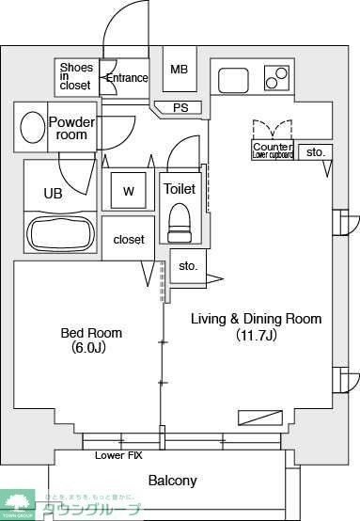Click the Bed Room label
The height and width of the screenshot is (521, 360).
coord(91,333)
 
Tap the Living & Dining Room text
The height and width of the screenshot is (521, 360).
coord(257,319)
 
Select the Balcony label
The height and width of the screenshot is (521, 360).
coord(173,481)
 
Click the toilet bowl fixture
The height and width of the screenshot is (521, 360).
coord(179,222)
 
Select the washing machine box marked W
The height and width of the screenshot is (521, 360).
coord(129,191)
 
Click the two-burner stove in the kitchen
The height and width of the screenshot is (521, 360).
coord(276,77)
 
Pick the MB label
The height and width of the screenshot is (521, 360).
coord(179,69)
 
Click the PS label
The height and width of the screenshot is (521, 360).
coord(180,107)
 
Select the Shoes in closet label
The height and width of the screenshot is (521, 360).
coord(76,76)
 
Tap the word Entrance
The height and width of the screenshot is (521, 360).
coord(127,78)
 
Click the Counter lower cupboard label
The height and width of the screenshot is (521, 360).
coord(273,150)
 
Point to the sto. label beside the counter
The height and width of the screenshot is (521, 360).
coord(315,151)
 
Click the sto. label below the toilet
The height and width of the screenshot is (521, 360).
coord(188,266)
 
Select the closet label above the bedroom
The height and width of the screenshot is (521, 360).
coord(129,240)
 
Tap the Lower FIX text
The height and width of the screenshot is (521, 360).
coord(117,455)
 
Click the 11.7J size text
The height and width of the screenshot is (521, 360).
coord(257,336)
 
